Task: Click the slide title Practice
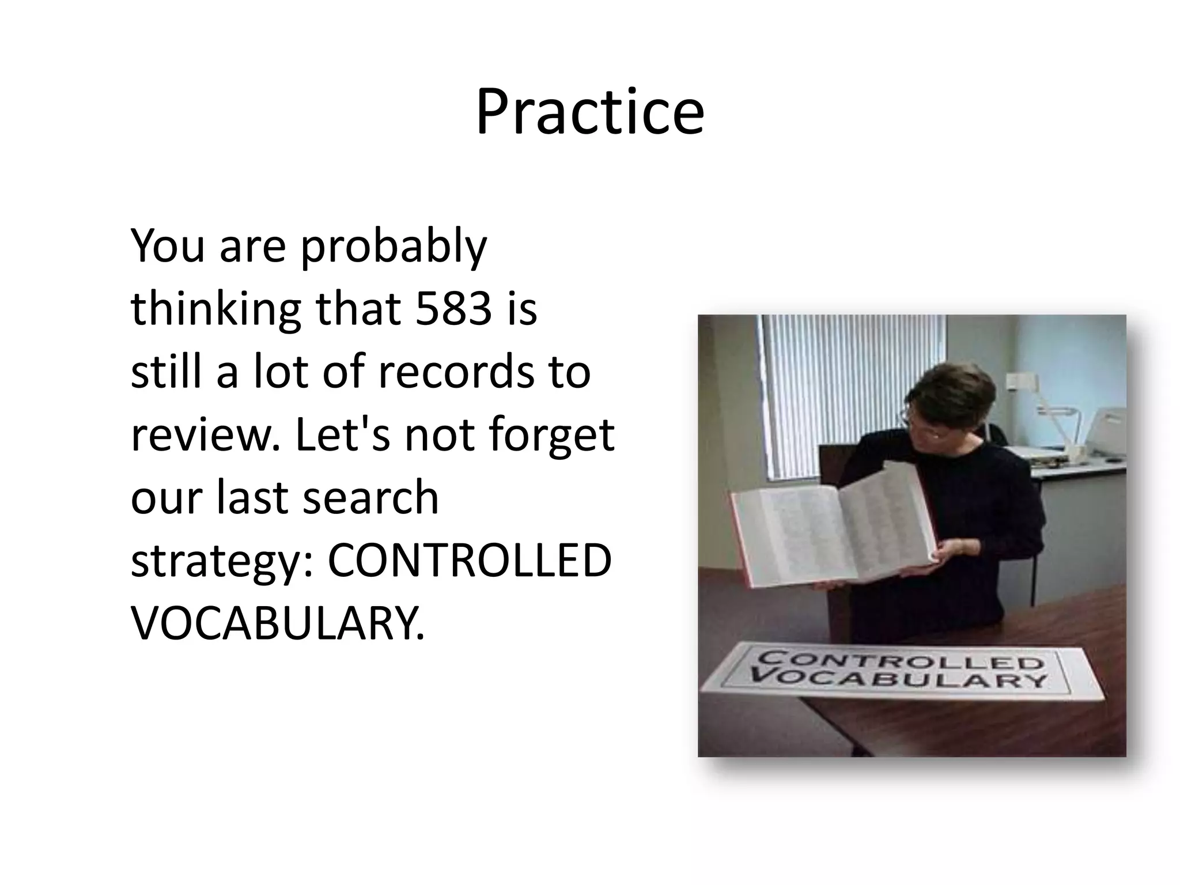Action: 589,112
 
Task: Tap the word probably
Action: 394,247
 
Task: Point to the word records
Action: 456,372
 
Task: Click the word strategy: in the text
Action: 222,562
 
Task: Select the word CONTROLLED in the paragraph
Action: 469,561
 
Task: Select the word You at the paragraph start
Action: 167,247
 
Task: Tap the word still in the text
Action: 167,372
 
